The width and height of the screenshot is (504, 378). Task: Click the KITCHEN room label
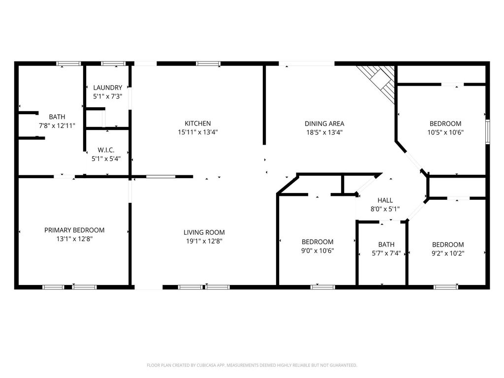[x=198, y=124]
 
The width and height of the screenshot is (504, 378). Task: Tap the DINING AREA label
[x=324, y=124]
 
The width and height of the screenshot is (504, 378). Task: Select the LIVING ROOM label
[x=204, y=232]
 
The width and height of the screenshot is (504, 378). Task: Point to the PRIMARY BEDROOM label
[x=74, y=230]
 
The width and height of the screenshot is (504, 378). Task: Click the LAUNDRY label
[x=108, y=88]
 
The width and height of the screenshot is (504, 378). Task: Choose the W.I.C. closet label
[x=106, y=150]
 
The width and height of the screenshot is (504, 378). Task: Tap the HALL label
[x=385, y=200]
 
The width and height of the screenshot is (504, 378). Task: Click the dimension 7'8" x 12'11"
[x=57, y=126]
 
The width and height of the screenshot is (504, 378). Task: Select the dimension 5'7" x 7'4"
[x=386, y=253]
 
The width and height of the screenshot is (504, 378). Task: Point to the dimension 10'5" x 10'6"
[x=445, y=132]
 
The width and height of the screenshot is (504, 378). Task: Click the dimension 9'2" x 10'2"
[x=448, y=253]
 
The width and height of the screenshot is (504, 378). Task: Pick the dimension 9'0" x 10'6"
[x=317, y=251]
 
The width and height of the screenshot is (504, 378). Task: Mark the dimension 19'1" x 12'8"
[x=204, y=241]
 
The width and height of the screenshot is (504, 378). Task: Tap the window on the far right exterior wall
[x=488, y=131]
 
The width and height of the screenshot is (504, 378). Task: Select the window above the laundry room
[x=113, y=63]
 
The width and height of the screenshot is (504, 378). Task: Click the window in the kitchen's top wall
[x=208, y=63]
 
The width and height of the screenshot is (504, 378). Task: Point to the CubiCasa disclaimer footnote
[x=252, y=365]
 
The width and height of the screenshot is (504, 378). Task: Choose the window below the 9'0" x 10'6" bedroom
[x=323, y=287]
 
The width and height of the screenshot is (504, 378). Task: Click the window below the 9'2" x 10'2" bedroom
[x=446, y=287]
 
